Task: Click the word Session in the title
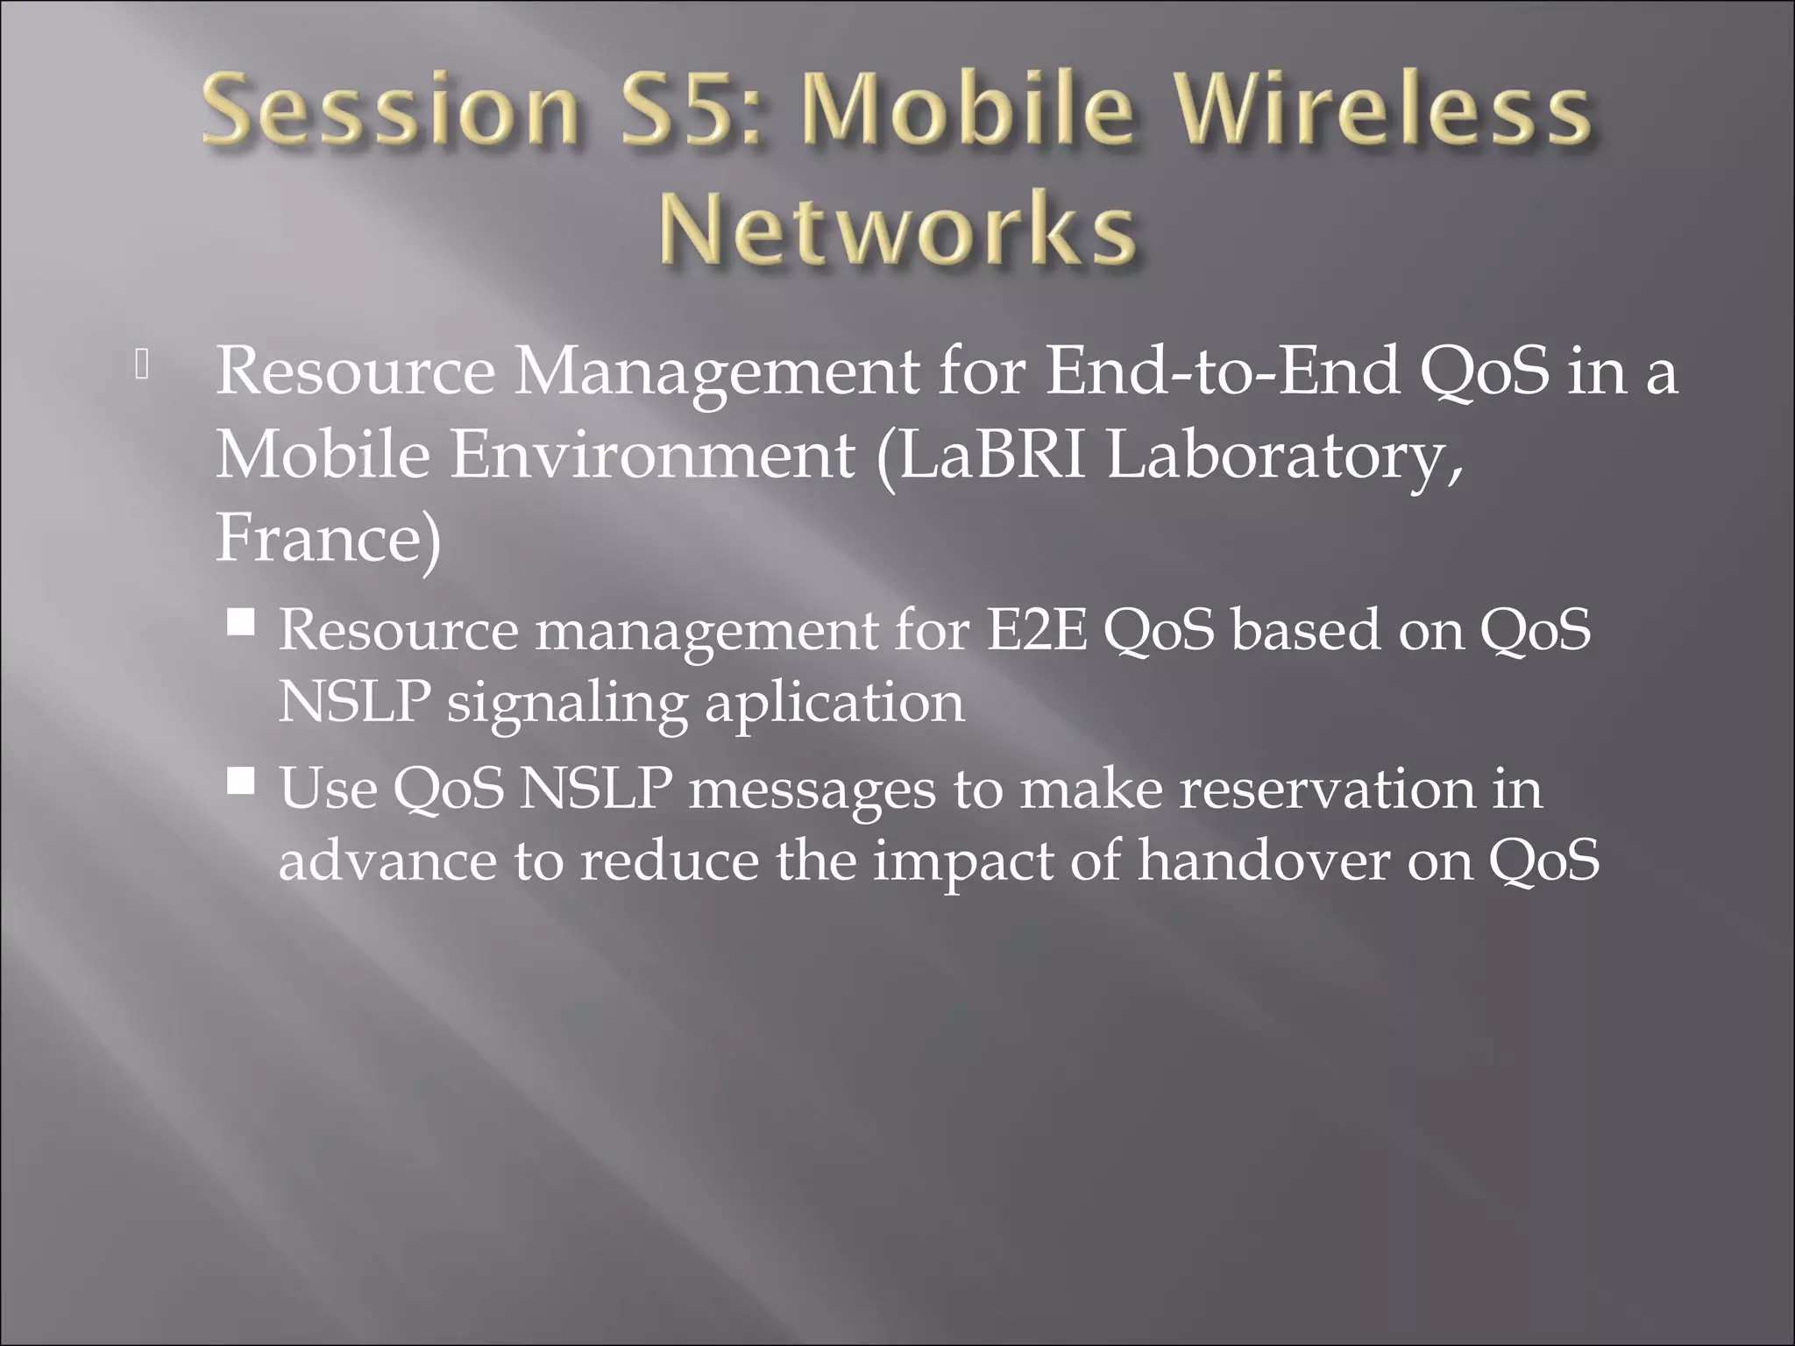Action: [389, 111]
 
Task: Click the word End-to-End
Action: [1223, 371]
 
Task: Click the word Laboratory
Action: [1283, 457]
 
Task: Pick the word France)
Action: [329, 539]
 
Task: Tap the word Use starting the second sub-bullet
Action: [329, 788]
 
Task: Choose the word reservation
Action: [1327, 788]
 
